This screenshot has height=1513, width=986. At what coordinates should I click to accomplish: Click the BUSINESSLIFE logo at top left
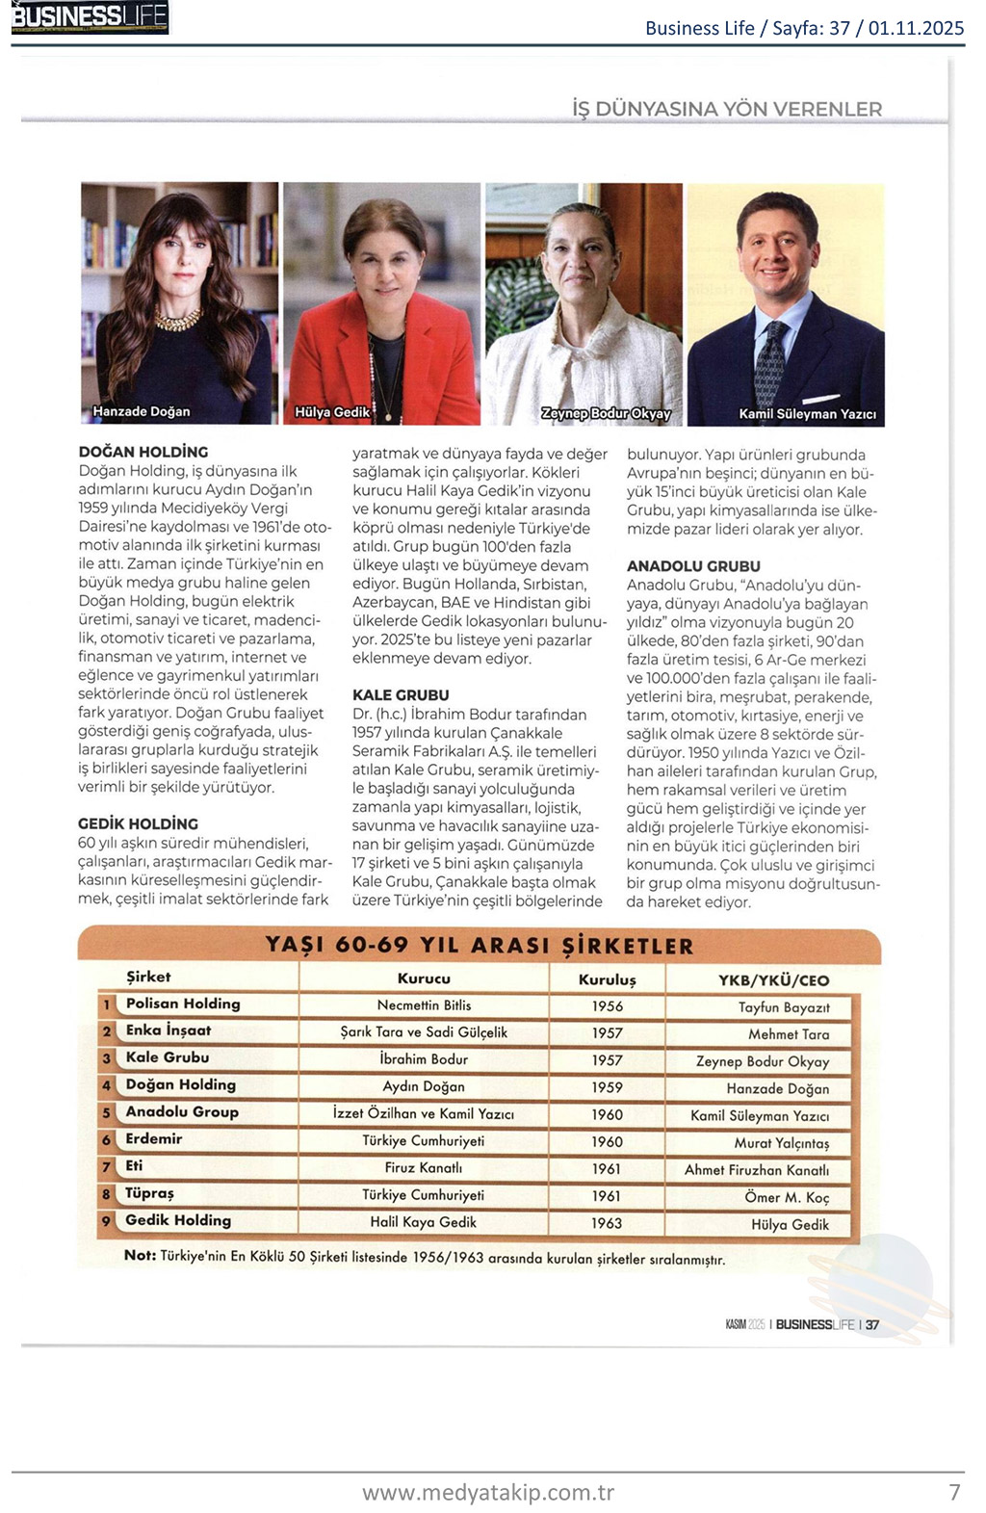coord(90,17)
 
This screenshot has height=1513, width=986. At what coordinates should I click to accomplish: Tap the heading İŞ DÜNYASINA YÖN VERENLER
coord(727,109)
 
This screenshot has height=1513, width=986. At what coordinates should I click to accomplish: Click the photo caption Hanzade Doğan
coord(142,411)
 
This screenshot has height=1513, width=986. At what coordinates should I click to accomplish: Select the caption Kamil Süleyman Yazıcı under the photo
coord(807,414)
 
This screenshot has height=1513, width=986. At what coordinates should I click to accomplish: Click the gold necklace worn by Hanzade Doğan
coord(178,319)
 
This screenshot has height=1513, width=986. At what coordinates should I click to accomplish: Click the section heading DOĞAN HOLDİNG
coord(143,452)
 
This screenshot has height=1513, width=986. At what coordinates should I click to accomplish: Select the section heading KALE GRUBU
coord(401,694)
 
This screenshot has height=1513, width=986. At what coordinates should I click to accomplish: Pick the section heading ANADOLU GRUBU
coord(693,566)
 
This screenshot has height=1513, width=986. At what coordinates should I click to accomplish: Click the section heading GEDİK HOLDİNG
coord(139,823)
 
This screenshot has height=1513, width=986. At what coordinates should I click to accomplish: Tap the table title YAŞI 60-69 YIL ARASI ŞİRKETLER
coord(480,945)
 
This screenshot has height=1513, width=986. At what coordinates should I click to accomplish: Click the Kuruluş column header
coord(607,979)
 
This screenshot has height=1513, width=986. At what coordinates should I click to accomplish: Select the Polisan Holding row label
coord(183,1004)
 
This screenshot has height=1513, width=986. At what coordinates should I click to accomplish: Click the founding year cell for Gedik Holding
coord(607,1223)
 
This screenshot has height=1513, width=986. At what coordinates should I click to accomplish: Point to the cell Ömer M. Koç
coord(786,1197)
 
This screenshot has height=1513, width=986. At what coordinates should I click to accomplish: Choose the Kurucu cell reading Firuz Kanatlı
coord(424,1168)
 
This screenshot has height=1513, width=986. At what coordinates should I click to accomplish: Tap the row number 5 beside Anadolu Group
coord(107,1113)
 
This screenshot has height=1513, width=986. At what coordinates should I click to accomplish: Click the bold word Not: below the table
coord(140,1256)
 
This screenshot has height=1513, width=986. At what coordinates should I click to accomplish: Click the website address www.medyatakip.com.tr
coord(488,1492)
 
